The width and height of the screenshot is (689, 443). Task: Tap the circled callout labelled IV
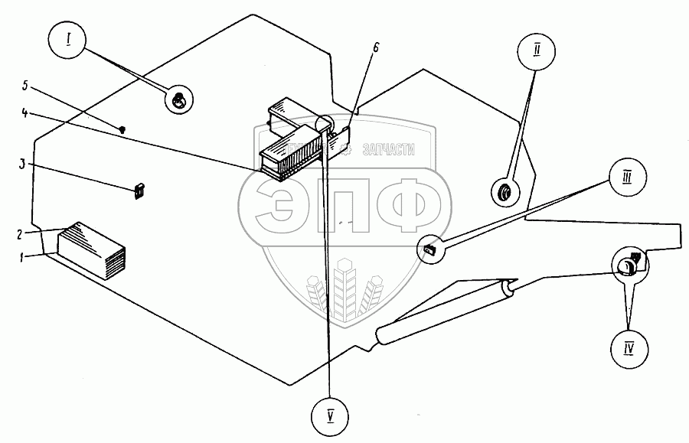click(629, 350)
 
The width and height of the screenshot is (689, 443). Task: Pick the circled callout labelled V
click(331, 418)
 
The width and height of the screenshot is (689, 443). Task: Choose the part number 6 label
click(376, 47)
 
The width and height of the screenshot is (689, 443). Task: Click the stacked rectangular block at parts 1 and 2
click(90, 249)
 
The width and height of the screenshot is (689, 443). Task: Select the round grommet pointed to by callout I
click(178, 99)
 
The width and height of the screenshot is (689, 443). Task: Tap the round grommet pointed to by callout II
click(505, 194)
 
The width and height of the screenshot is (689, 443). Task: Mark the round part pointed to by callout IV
click(629, 265)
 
